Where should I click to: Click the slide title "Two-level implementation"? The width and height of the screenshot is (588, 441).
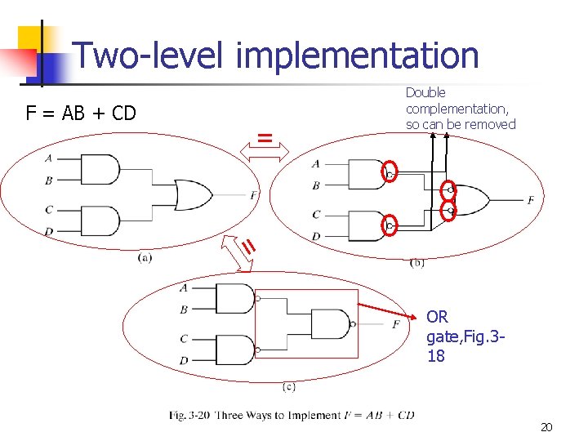(x=276, y=56)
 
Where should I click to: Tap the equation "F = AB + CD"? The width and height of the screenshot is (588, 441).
(x=81, y=113)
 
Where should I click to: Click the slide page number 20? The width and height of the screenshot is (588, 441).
(x=547, y=427)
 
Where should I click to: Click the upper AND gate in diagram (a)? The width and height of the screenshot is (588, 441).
(x=99, y=169)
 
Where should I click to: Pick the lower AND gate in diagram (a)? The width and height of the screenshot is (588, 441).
(x=99, y=220)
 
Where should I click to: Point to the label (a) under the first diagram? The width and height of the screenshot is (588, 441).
(x=145, y=258)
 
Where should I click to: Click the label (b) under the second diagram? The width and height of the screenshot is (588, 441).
(x=416, y=262)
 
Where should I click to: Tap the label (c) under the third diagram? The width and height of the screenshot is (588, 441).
(x=289, y=386)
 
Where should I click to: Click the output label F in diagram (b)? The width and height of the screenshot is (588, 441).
(x=531, y=200)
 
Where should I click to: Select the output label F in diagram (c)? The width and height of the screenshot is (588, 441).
(x=396, y=324)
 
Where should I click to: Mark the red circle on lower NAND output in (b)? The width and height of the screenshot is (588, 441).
(x=390, y=225)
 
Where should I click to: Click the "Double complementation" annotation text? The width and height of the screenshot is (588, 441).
(x=461, y=109)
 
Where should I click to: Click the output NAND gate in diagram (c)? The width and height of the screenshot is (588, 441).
(x=331, y=324)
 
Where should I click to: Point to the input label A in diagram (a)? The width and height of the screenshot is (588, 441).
(x=49, y=158)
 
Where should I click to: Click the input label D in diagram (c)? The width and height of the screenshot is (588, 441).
(x=185, y=360)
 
